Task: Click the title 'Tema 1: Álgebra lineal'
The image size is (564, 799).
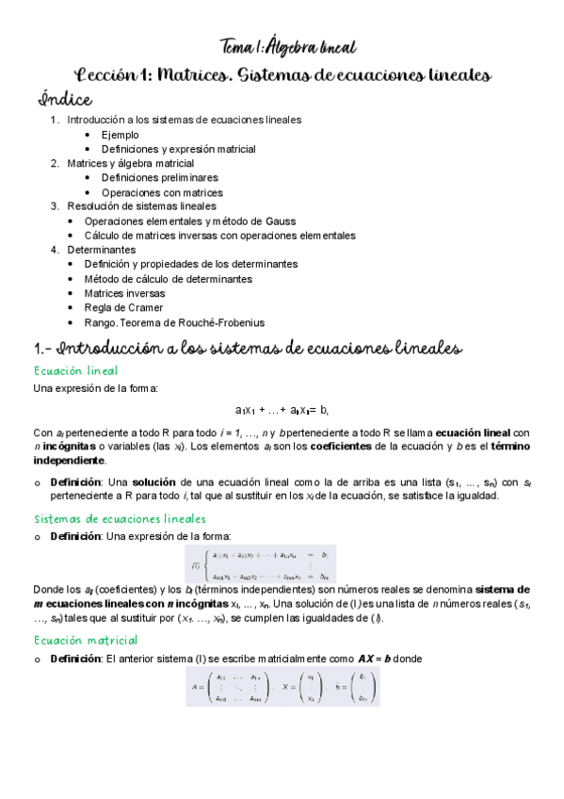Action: pos(286,45)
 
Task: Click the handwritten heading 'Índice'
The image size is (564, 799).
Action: pos(65,98)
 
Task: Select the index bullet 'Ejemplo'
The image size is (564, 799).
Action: pos(120,135)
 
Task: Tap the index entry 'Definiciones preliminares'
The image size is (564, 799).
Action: pos(160,177)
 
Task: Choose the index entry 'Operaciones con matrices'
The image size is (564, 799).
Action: pos(162,191)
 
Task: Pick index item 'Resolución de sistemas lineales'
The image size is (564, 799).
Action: pos(141,205)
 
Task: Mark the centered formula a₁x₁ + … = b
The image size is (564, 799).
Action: pos(282,410)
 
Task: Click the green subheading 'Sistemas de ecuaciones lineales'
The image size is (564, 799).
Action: pos(120,518)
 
